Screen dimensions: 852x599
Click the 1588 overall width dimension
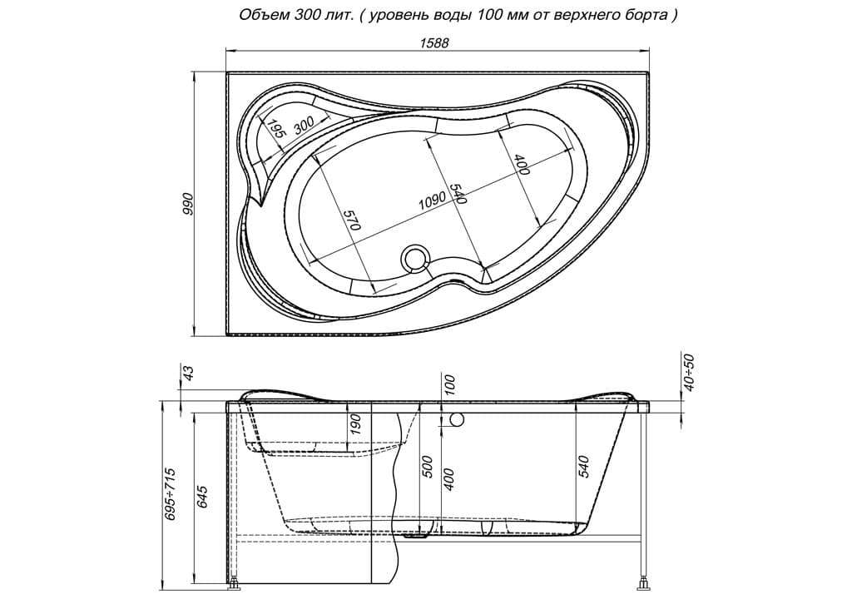click(x=434, y=43)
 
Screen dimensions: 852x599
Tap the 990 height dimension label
click(x=187, y=204)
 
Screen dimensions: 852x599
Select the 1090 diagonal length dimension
click(x=433, y=200)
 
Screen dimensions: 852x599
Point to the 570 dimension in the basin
click(x=352, y=219)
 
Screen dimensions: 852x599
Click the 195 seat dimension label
click(x=276, y=131)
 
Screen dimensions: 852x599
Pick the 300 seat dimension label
click(x=305, y=126)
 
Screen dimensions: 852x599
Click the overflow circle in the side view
click(x=457, y=419)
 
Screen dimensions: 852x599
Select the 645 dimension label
click(x=202, y=498)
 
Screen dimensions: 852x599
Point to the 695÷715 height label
click(x=171, y=493)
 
